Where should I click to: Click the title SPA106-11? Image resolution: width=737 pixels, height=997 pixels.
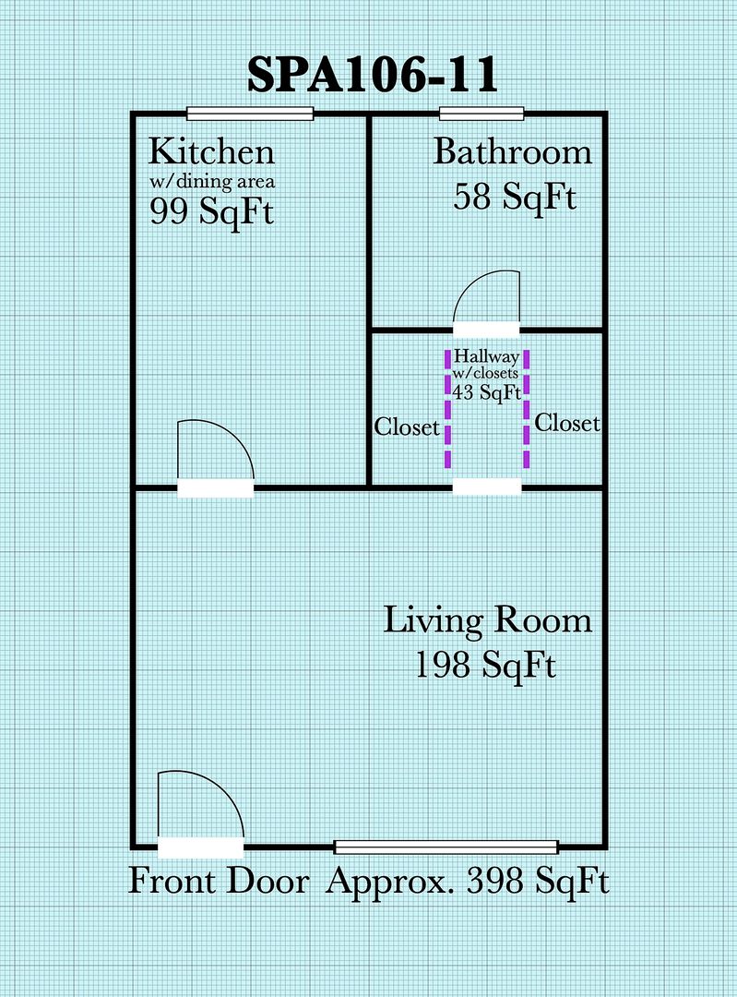[x=373, y=75]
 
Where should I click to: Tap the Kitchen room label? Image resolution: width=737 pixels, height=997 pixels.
[x=211, y=151]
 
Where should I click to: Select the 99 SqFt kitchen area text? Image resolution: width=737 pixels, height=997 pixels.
[x=211, y=210]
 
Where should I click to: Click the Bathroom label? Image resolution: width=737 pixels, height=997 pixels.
[x=512, y=152]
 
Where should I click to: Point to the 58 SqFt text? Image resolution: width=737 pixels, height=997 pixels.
[x=515, y=195]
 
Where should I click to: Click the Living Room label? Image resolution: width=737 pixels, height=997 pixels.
[x=488, y=620]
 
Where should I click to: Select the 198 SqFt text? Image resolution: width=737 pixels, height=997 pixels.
[x=485, y=665]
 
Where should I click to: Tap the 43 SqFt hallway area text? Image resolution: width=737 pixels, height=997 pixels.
[x=487, y=392]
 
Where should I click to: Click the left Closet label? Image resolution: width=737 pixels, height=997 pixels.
[x=407, y=426]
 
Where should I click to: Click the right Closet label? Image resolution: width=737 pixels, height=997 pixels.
[x=567, y=423]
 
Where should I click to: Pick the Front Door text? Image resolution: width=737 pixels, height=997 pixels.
[x=220, y=882]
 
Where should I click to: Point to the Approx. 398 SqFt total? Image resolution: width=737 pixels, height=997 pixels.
[x=468, y=882]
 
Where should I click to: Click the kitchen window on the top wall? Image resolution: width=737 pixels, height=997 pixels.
[x=250, y=114]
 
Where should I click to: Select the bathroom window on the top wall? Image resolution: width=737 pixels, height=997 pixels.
[x=481, y=114]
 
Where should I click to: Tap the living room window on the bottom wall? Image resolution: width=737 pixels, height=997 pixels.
[x=446, y=847]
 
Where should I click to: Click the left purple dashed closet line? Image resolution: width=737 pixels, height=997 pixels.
[x=448, y=408]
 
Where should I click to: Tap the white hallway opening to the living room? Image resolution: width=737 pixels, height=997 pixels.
[x=487, y=487]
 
